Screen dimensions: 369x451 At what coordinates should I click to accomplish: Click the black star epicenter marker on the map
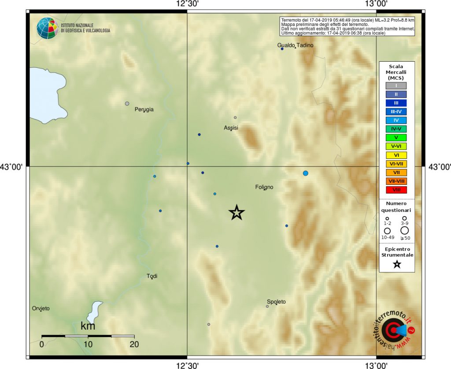(237, 213)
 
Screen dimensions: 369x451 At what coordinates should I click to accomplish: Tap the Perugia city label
(144, 109)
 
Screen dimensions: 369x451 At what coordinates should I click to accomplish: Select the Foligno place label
(264, 187)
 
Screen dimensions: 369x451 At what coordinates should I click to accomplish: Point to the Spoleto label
(276, 302)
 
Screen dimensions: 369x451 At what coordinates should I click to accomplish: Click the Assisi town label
(231, 128)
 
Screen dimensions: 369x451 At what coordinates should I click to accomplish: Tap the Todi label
(152, 276)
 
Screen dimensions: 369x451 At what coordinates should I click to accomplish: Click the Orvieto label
(41, 308)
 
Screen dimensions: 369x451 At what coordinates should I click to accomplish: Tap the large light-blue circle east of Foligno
(305, 173)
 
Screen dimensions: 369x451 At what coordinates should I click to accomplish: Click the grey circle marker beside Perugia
(127, 103)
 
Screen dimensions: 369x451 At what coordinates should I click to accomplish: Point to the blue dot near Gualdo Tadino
(282, 49)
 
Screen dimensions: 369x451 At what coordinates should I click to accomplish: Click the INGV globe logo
(47, 28)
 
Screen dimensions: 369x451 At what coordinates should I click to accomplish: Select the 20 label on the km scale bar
(134, 344)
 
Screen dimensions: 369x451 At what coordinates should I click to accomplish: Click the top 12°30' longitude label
(188, 4)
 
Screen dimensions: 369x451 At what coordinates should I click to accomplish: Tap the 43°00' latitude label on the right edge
(439, 166)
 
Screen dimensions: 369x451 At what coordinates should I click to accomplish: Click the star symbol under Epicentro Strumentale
(397, 264)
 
